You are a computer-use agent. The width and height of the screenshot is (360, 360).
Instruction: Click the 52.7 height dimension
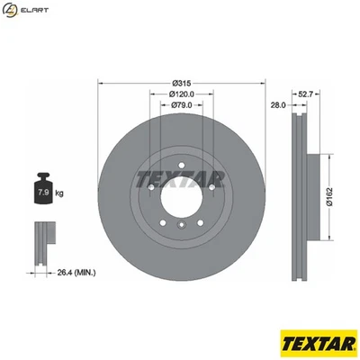coord(305,94)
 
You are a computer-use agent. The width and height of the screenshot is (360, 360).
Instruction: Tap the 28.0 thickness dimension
coord(277,105)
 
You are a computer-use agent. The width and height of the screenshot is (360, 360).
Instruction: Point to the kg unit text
coord(59,193)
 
